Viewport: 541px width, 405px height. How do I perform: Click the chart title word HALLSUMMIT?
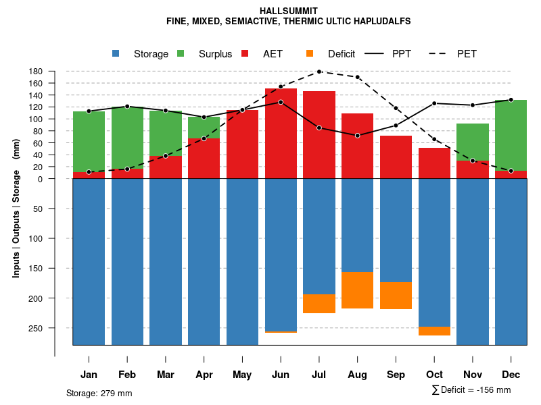[289, 11]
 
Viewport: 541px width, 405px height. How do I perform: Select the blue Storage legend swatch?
[116, 53]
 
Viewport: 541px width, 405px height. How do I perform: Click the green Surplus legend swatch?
[181, 53]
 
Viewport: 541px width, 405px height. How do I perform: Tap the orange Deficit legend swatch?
[310, 53]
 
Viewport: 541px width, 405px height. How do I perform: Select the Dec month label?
[511, 375]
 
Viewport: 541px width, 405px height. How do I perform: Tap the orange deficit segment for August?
[357, 290]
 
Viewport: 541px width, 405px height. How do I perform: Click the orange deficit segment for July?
[319, 304]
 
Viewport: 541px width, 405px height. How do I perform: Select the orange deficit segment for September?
[396, 296]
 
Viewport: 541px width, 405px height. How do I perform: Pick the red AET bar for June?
[281, 135]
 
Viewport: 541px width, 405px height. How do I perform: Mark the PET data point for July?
[319, 72]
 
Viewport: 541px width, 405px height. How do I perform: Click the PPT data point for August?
[357, 136]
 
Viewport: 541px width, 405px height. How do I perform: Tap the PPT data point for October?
[434, 103]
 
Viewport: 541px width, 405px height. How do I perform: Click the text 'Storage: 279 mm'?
[99, 393]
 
